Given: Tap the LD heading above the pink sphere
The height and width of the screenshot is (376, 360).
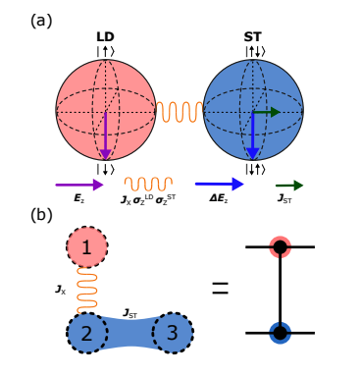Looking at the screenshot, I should [x=105, y=36].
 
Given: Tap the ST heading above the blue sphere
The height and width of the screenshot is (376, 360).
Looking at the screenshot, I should [x=252, y=36].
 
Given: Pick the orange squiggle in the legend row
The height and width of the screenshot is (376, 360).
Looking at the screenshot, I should [x=147, y=184].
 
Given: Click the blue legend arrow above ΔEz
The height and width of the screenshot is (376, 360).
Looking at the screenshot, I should [x=219, y=184].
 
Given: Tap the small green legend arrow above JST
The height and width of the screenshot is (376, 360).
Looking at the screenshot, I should [x=288, y=184].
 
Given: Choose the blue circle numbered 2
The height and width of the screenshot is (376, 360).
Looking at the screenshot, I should [x=88, y=334].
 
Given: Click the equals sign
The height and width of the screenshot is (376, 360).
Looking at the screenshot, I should [x=221, y=289].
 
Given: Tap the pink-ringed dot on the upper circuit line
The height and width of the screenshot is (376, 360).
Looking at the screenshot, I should [x=282, y=247].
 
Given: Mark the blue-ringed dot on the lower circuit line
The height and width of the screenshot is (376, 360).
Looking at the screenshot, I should [x=282, y=332].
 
